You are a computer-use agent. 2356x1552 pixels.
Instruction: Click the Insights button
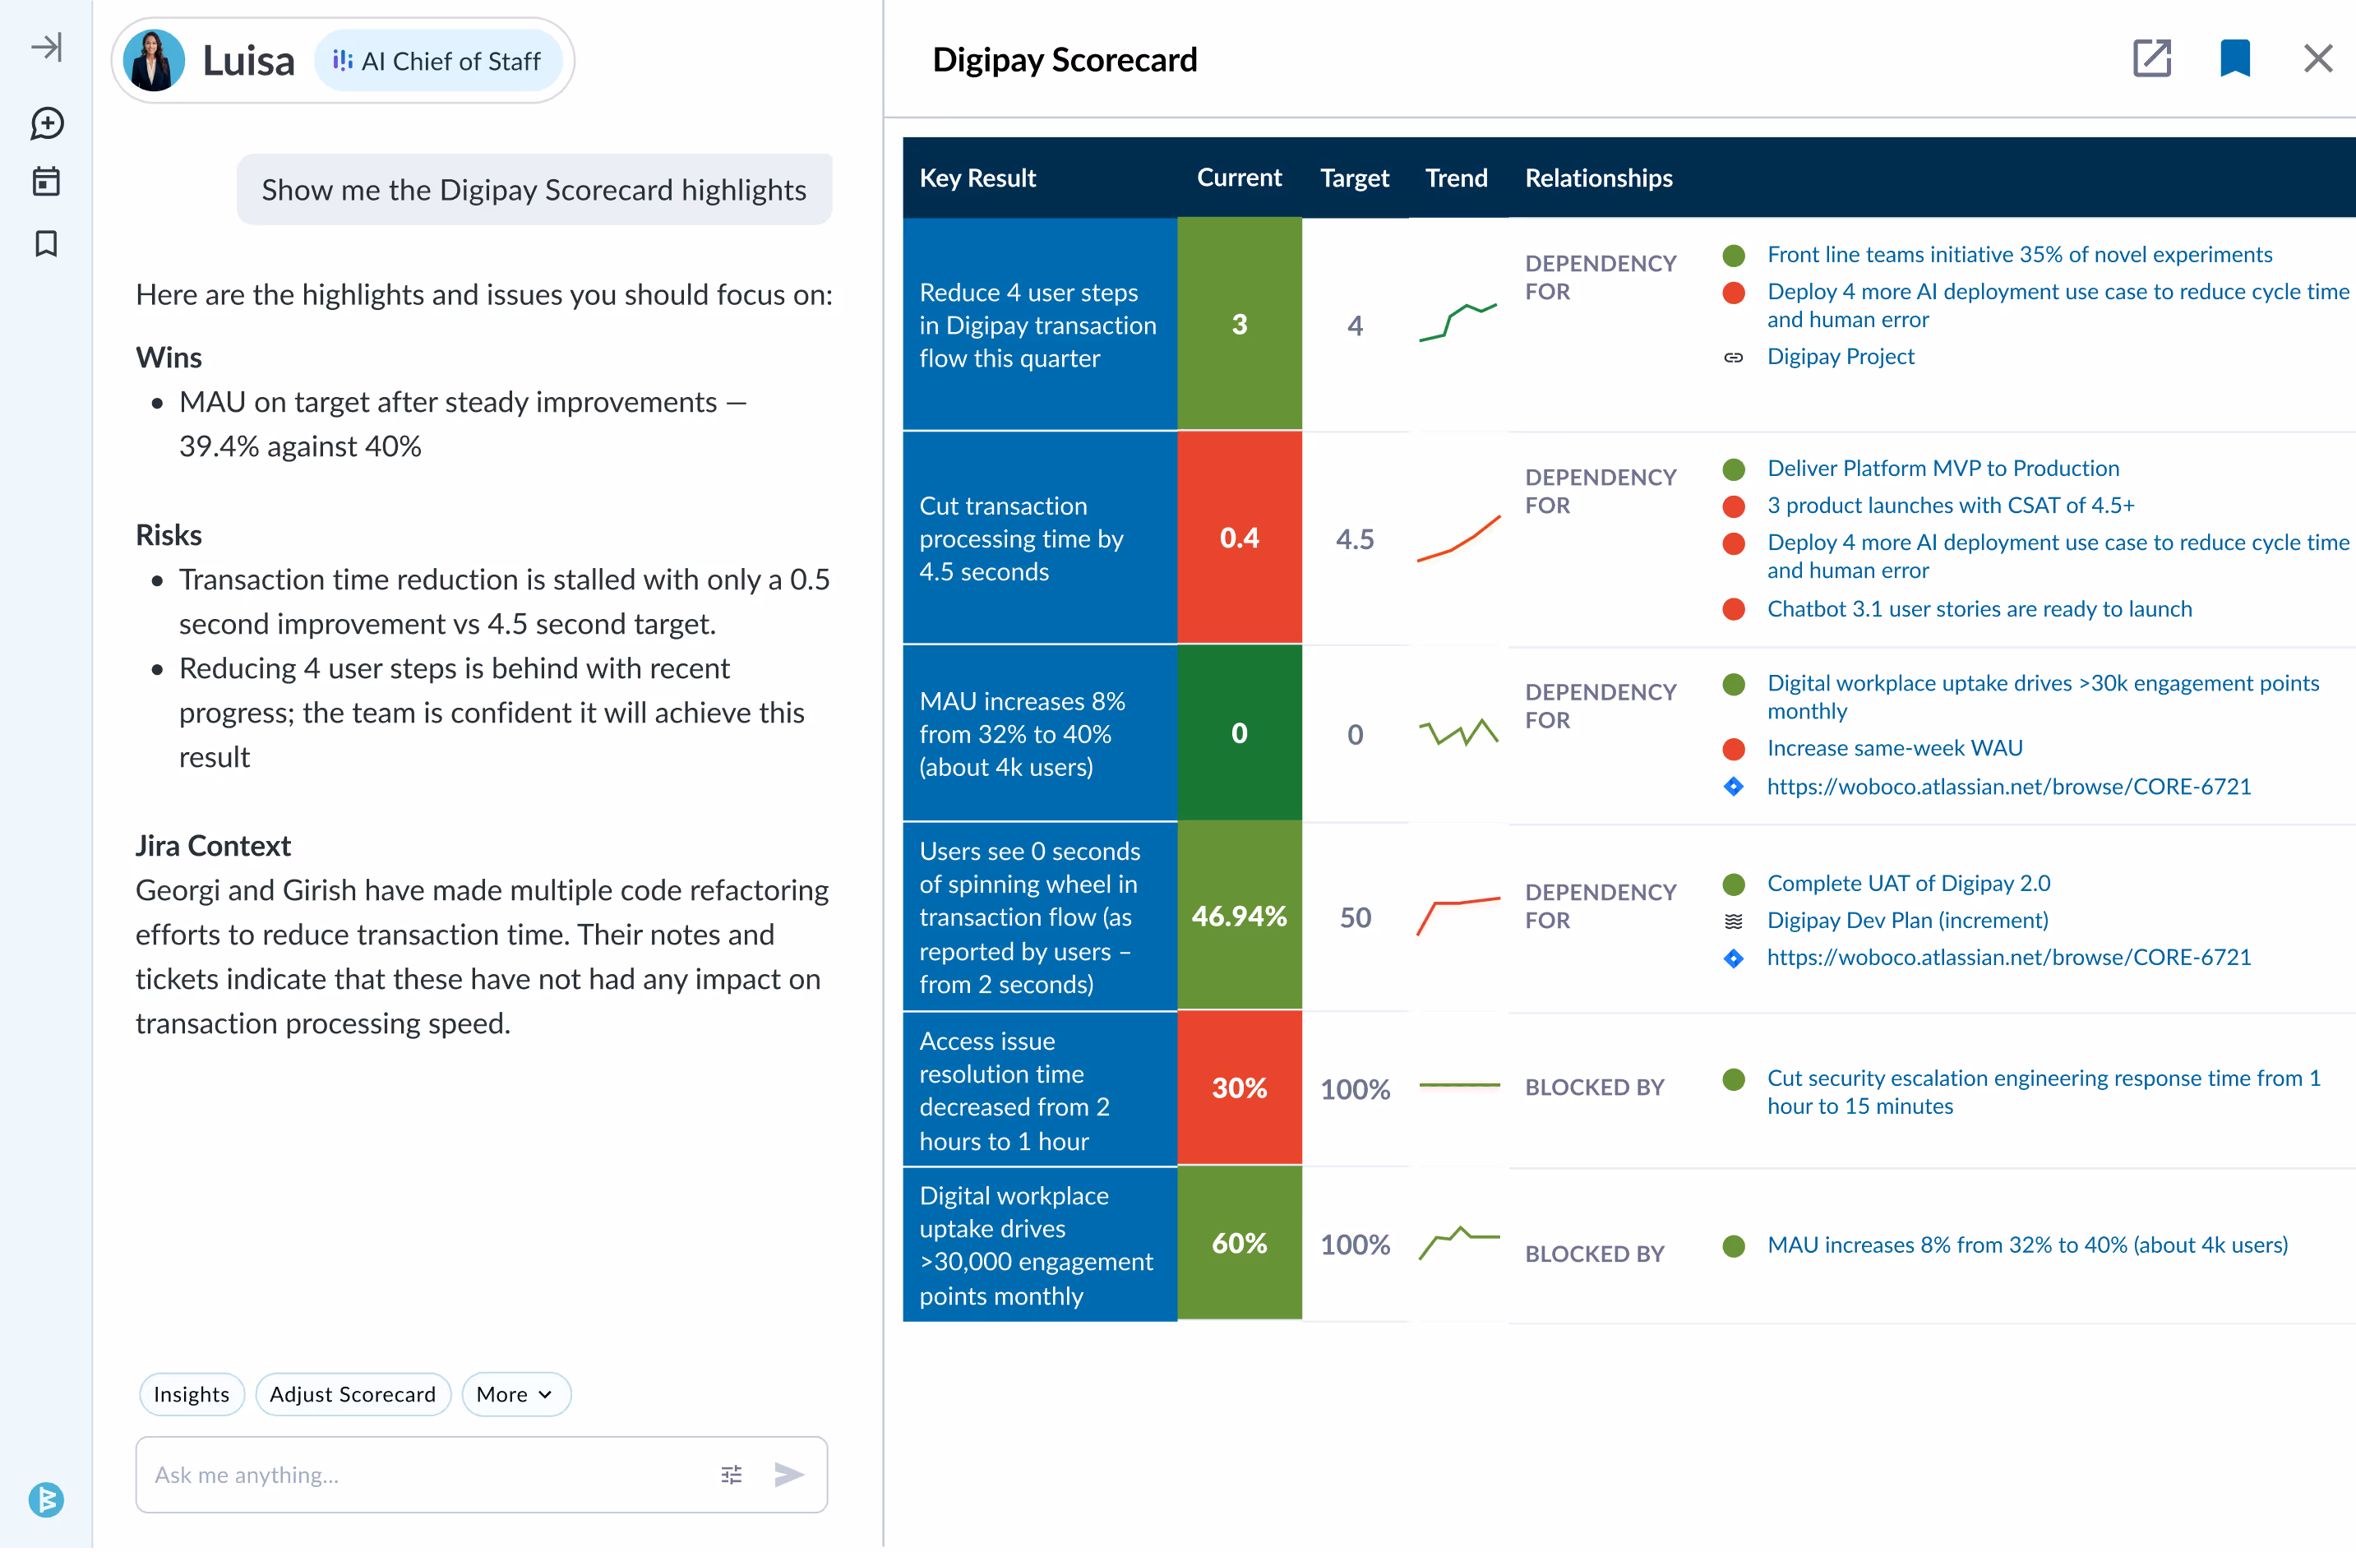pyautogui.click(x=191, y=1395)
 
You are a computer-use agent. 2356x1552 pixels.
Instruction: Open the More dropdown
pyautogui.click(x=515, y=1395)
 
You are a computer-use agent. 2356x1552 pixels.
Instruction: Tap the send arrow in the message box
pyautogui.click(x=789, y=1475)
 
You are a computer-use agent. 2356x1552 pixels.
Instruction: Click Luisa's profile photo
pyautogui.click(x=155, y=62)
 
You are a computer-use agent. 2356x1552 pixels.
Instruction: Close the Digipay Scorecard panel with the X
pyautogui.click(x=2317, y=58)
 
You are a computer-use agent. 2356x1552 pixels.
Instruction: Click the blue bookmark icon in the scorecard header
pyautogui.click(x=2234, y=58)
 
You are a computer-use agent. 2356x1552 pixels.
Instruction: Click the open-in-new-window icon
pyautogui.click(x=2151, y=58)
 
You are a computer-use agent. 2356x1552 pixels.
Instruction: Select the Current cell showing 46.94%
pyautogui.click(x=1238, y=917)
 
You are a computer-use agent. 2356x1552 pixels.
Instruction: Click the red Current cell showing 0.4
pyautogui.click(x=1238, y=538)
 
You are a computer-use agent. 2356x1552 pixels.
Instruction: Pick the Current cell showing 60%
pyautogui.click(x=1238, y=1245)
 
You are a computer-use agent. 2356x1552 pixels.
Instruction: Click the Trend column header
pyautogui.click(x=1455, y=178)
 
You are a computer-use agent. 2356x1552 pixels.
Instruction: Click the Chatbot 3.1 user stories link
pyautogui.click(x=1979, y=610)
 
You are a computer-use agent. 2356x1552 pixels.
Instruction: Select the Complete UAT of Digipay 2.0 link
pyautogui.click(x=1907, y=884)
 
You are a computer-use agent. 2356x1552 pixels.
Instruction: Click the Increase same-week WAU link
pyautogui.click(x=1895, y=749)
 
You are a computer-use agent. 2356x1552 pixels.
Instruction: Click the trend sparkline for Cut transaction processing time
pyautogui.click(x=1458, y=539)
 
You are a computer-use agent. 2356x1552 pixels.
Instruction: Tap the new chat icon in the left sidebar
pyautogui.click(x=47, y=124)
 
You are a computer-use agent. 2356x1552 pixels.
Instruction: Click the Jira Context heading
pyautogui.click(x=213, y=846)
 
